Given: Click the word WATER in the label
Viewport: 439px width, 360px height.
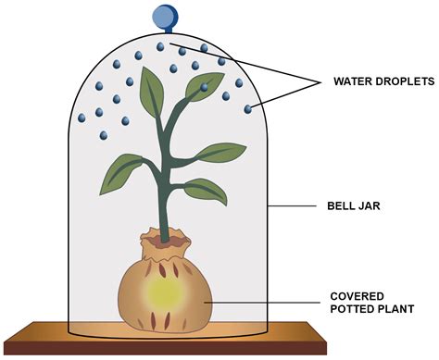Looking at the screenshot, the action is pos(355,81).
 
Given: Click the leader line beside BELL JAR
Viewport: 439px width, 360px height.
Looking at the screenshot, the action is pos(294,205).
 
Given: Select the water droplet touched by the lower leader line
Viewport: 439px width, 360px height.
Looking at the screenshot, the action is pos(248,110).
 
